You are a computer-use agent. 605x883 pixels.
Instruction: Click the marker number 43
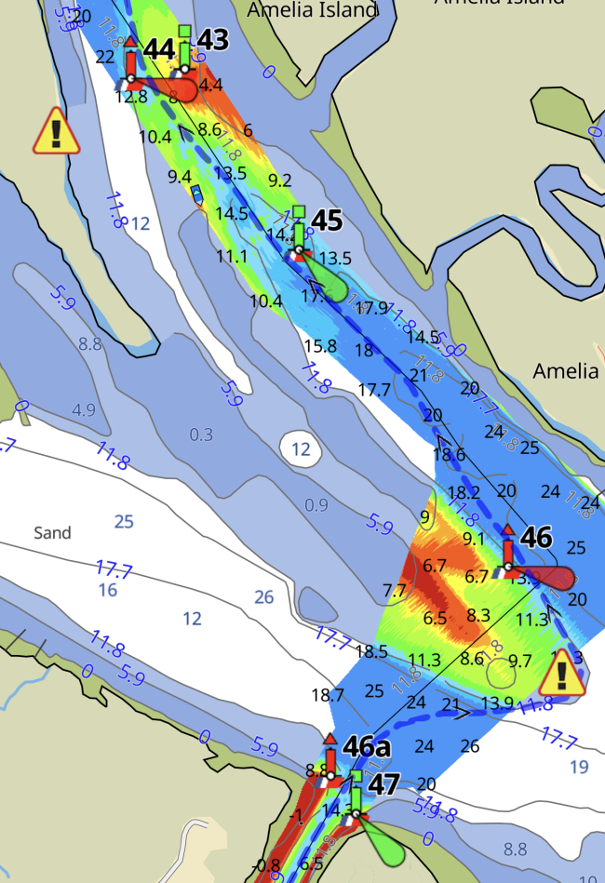point(213,40)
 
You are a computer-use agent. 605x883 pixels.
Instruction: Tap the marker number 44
point(159,48)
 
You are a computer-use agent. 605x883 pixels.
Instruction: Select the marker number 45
point(327,221)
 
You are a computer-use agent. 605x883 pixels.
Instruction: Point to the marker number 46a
point(364,746)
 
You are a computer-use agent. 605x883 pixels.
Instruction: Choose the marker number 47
point(384,784)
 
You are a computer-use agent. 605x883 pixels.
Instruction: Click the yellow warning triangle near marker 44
point(57,131)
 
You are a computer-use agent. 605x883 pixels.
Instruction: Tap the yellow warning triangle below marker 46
point(563,674)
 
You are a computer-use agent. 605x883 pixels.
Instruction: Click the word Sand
point(52,533)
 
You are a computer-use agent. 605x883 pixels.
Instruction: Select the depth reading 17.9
point(371,308)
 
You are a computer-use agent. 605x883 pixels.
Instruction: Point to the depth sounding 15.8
point(319,345)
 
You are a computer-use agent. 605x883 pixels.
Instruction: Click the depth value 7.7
point(395,590)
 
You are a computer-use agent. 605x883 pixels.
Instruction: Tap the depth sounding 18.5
point(370,651)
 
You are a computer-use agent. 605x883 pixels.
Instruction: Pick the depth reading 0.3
point(201,435)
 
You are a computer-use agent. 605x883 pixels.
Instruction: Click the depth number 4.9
point(84,409)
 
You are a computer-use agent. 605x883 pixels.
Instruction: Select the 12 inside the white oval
point(301,449)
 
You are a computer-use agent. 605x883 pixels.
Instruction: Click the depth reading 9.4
point(180,177)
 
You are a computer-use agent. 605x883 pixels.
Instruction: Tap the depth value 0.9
point(316,505)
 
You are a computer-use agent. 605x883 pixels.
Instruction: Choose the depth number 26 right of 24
point(470,745)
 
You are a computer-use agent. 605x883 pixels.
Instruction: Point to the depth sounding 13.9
point(498,701)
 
